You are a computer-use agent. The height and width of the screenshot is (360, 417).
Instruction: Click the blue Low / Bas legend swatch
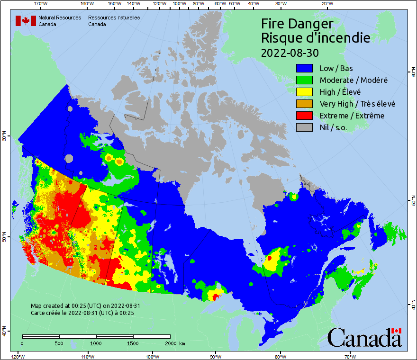click(305, 68)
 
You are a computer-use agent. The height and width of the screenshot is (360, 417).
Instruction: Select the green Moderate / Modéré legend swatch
click(305, 80)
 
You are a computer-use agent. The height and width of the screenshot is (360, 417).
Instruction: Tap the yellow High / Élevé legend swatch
click(305, 92)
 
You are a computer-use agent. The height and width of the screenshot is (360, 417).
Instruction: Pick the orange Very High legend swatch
click(305, 104)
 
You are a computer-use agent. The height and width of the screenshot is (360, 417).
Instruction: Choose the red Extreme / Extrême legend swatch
click(305, 116)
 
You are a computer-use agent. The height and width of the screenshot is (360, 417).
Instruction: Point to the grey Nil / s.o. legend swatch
click(305, 127)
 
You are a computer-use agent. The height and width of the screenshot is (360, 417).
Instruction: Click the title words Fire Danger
click(297, 24)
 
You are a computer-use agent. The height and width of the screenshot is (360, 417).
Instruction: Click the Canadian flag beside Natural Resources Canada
click(26, 21)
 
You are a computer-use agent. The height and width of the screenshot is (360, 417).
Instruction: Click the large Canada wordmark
click(364, 337)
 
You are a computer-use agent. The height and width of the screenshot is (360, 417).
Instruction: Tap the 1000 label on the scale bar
click(96, 343)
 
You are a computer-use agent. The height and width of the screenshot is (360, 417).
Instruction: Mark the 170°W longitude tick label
click(41, 4)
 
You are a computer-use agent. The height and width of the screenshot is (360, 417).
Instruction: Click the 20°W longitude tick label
click(326, 4)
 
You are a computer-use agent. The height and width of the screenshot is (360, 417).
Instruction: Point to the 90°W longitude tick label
click(216, 356)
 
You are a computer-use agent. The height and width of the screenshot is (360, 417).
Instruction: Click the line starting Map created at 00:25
click(85, 306)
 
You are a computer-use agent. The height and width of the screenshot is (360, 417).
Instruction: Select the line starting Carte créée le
click(82, 313)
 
